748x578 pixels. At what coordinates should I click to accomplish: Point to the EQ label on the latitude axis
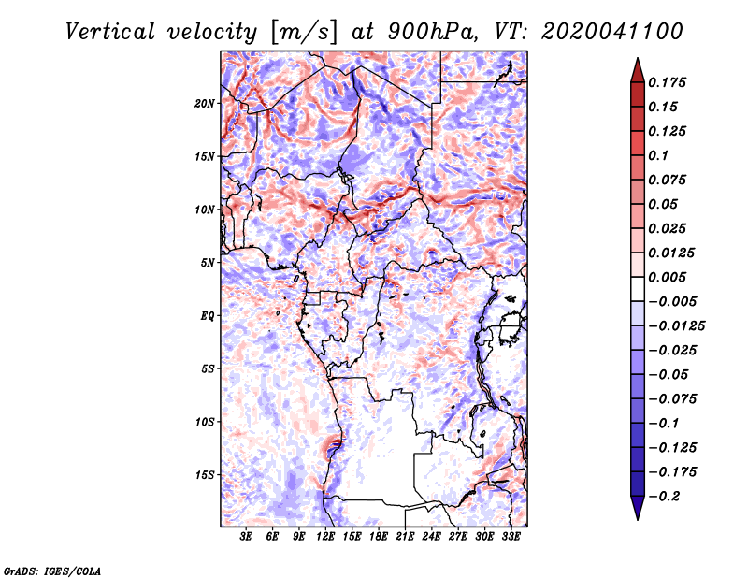[x=208, y=316]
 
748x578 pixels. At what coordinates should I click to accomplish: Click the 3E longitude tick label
[x=247, y=537]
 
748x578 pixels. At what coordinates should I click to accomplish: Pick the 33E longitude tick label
[x=511, y=537]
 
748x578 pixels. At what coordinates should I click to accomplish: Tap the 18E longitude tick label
[x=379, y=537]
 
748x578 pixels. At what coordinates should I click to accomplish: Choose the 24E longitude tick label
[x=432, y=537]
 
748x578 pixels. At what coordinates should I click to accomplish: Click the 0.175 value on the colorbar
[x=669, y=82]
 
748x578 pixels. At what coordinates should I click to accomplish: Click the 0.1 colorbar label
[x=661, y=155]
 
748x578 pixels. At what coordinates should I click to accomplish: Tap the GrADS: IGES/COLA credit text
[x=39, y=570]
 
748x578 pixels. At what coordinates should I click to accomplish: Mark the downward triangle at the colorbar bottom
[x=636, y=510]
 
